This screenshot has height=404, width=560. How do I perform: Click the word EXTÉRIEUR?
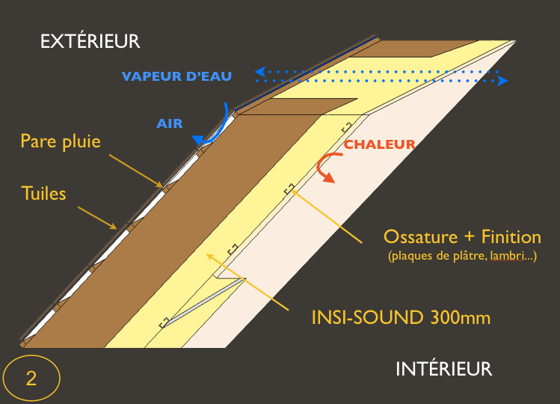90,40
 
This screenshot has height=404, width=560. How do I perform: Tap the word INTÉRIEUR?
443,368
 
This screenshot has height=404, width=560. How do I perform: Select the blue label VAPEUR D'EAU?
177,76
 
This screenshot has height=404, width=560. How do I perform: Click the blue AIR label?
170,123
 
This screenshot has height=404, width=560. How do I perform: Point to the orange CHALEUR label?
379,144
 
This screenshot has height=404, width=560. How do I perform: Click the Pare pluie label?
60,141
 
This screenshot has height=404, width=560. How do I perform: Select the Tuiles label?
43,194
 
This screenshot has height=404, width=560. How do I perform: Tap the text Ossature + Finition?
461,237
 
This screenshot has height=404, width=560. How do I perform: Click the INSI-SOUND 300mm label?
401,317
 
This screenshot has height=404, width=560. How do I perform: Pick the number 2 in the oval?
31,378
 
